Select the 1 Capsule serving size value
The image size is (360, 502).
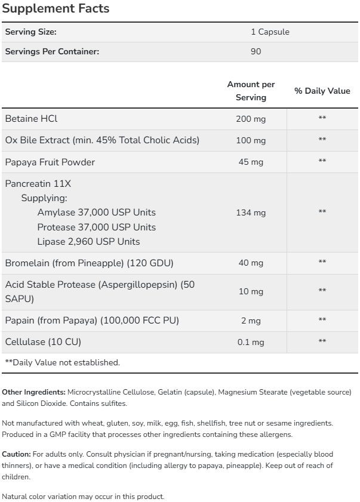click(x=270, y=32)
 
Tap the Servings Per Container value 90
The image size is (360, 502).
click(x=256, y=51)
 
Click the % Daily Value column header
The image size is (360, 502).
click(x=322, y=91)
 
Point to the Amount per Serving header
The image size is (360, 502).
click(x=251, y=91)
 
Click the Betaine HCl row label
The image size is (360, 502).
click(x=31, y=119)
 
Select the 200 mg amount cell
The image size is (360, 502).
click(x=251, y=119)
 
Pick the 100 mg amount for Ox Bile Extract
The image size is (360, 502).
click(x=251, y=140)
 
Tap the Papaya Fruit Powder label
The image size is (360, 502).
click(x=50, y=162)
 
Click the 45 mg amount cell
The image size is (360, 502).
click(x=251, y=162)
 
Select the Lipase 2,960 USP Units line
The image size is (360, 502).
click(x=88, y=242)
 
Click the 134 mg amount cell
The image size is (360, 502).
click(x=251, y=212)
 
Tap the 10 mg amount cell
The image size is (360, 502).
click(x=251, y=291)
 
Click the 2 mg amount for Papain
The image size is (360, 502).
click(x=251, y=321)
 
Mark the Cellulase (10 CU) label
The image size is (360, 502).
click(x=43, y=342)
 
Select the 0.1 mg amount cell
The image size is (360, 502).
click(x=251, y=342)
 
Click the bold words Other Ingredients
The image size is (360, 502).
click(x=34, y=392)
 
